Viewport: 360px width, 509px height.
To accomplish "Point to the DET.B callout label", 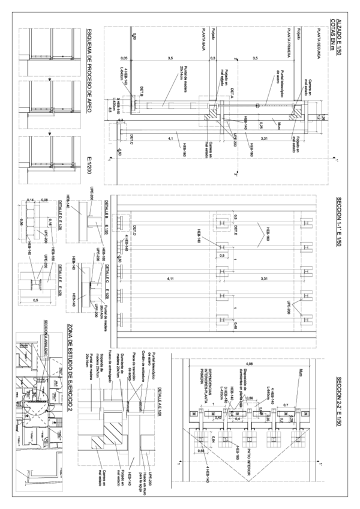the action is coord(143,92).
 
